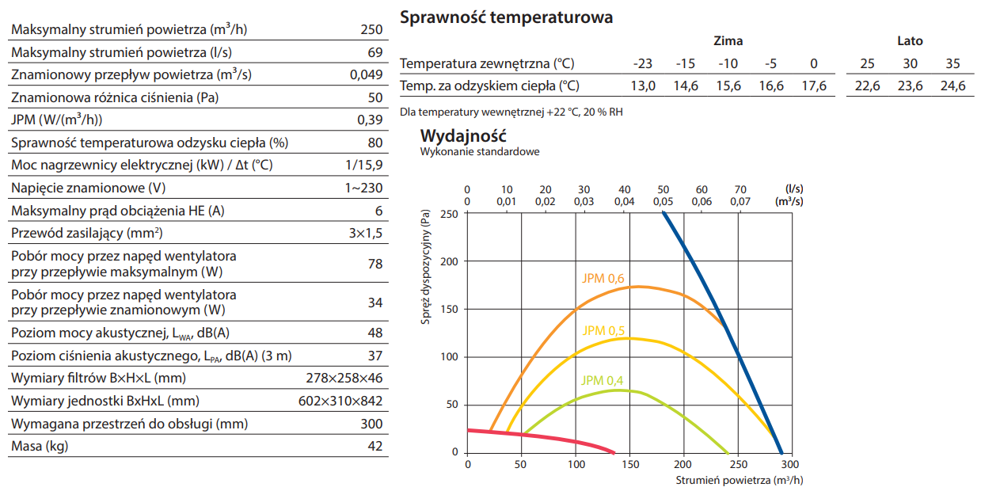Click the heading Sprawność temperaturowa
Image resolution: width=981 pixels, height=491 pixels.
pyautogui.click(x=506, y=17)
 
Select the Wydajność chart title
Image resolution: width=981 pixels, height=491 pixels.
pyautogui.click(x=463, y=135)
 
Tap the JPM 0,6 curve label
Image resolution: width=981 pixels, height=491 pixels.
pyautogui.click(x=603, y=278)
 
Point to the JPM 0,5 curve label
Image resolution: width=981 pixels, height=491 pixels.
pyautogui.click(x=603, y=330)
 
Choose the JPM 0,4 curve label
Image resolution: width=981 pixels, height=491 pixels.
pyautogui.click(x=603, y=380)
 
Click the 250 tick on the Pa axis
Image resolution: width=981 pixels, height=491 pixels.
pyautogui.click(x=449, y=214)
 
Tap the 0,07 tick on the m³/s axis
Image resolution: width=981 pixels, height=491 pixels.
pyautogui.click(x=740, y=202)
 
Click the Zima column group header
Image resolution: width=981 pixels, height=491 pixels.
pyautogui.click(x=728, y=41)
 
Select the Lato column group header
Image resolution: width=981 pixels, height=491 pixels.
pyautogui.click(x=910, y=41)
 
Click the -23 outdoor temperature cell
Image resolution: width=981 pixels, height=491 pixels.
pyautogui.click(x=643, y=63)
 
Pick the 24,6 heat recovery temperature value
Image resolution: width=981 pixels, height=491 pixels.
pyautogui.click(x=952, y=86)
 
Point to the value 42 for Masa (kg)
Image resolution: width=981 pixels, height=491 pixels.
pyautogui.click(x=375, y=447)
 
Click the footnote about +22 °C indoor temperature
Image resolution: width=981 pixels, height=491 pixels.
pyautogui.click(x=511, y=112)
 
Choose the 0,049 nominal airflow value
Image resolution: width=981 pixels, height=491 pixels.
pyautogui.click(x=366, y=75)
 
